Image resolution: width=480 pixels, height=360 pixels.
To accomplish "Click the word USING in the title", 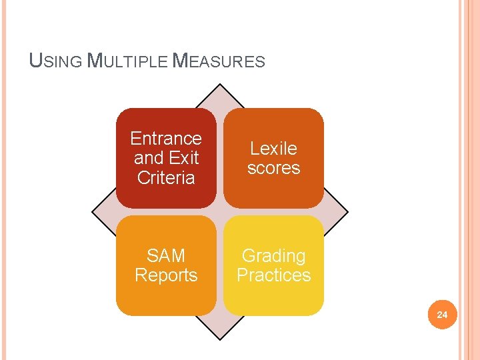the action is [57, 61].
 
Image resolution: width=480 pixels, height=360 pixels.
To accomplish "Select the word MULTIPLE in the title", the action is [129, 61].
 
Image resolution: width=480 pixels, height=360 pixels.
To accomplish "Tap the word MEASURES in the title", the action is [219, 61].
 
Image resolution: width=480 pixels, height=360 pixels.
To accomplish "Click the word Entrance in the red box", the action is [166, 139].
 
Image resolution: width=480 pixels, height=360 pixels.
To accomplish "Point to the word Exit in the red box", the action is [184, 158].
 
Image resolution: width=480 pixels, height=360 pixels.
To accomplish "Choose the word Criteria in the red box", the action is [166, 177].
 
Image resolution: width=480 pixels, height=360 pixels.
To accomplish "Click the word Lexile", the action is [273, 148].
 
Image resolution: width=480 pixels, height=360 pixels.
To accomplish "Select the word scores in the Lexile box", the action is [273, 168].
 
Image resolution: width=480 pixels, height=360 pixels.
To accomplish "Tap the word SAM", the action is [166, 255].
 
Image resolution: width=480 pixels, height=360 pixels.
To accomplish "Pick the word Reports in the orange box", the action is [166, 275].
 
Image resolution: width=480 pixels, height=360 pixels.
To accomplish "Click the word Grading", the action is [273, 255].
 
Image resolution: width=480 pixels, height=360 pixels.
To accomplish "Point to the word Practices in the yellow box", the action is [273, 275].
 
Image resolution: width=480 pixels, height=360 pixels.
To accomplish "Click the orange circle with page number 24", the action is [442, 314].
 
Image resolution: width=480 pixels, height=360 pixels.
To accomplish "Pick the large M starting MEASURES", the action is [180, 61].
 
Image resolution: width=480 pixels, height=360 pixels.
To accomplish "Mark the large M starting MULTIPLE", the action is [95, 61].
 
